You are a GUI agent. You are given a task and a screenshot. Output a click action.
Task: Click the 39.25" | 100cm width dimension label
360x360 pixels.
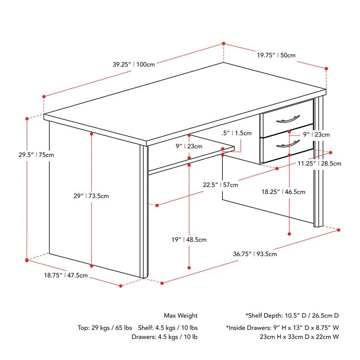tap(134, 64)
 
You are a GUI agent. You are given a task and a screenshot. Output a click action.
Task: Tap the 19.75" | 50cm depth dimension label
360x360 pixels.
tap(276, 55)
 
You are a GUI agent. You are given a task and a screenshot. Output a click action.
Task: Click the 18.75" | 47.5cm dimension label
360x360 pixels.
tap(66, 275)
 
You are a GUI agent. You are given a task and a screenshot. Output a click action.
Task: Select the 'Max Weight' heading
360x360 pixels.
tap(181, 315)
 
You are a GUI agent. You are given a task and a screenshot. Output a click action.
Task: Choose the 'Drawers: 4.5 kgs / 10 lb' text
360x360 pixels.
tap(165, 336)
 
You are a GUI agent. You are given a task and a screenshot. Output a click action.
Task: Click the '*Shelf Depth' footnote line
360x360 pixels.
tap(292, 315)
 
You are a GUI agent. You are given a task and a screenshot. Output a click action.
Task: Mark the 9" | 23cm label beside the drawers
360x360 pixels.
tap(315, 135)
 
